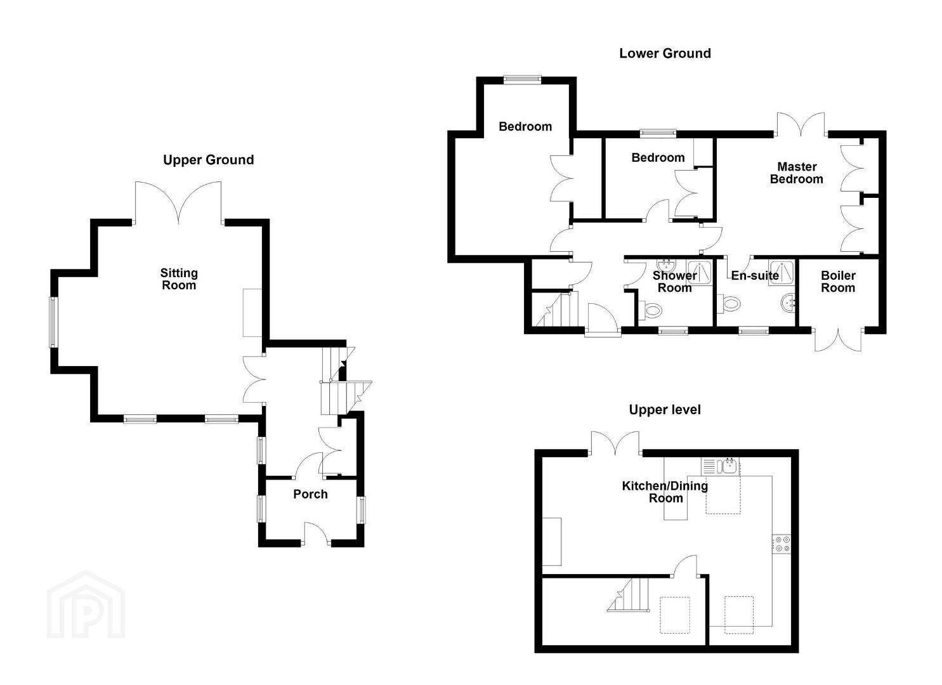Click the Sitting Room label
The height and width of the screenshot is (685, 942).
[x=179, y=279]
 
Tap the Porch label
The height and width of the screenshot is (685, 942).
[x=310, y=494]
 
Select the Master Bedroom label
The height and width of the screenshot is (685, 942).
[x=797, y=173]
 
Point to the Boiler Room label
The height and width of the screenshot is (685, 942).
[x=838, y=282]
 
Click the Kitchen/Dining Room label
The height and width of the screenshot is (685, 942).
[x=665, y=492]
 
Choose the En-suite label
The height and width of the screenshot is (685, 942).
[x=755, y=276]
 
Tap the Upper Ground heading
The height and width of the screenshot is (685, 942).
[x=209, y=160]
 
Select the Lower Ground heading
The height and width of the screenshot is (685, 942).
[x=665, y=53]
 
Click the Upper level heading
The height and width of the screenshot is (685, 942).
[x=665, y=410]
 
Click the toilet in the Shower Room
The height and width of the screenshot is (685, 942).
[x=650, y=311]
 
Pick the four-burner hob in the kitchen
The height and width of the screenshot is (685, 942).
[x=782, y=544]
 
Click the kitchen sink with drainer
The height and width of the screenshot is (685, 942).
[x=721, y=466]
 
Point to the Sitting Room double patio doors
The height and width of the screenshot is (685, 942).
[x=178, y=202]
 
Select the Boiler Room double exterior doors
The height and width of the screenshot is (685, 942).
[x=839, y=339]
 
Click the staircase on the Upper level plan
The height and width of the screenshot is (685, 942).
[x=627, y=594]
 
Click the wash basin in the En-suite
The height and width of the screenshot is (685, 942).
[x=788, y=303]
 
